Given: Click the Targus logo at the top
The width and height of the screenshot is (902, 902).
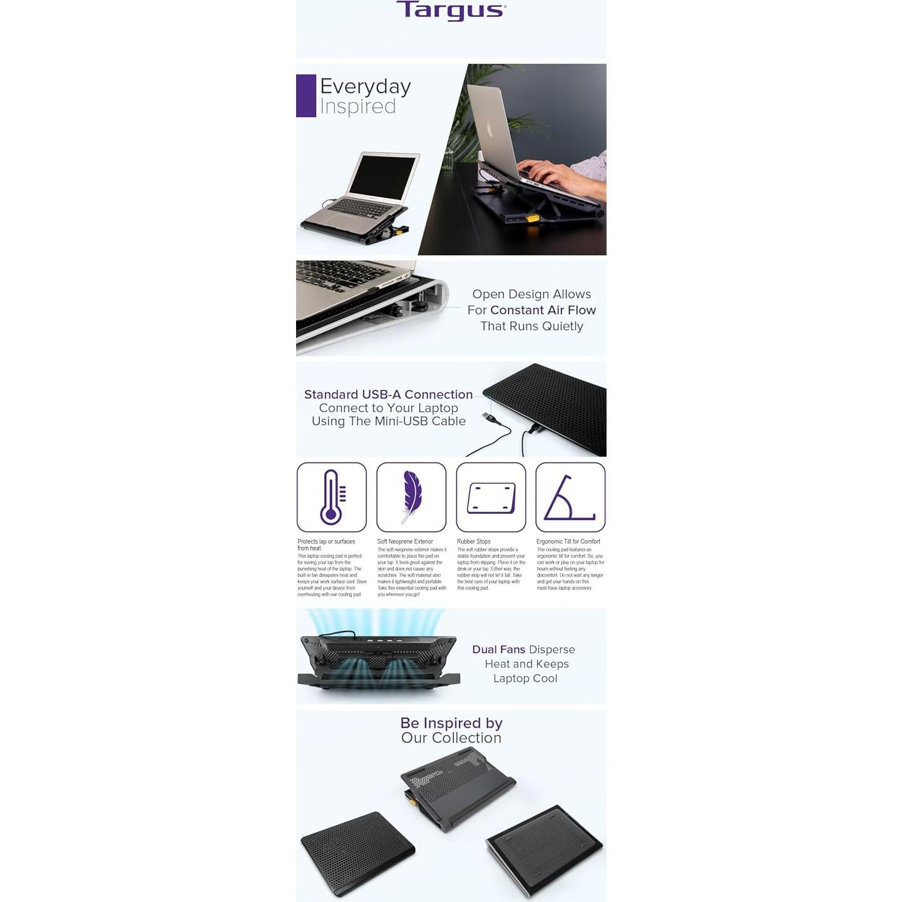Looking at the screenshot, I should [451, 11].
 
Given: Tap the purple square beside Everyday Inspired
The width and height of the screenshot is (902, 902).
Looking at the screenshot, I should [305, 96].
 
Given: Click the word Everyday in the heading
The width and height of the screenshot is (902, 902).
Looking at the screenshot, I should [365, 86].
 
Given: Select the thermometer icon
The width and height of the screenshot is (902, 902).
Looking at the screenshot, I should [331, 497].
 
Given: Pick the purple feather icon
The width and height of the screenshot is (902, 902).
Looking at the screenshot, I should [411, 496].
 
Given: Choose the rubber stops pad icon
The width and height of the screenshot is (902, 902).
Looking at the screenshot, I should [491, 498].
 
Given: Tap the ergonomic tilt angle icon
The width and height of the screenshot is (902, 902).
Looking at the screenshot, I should [570, 498].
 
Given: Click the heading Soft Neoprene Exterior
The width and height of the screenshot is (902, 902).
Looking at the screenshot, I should [405, 541].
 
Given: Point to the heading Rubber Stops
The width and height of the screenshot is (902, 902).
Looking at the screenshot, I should [473, 541].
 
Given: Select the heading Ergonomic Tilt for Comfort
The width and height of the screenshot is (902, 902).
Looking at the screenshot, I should [568, 541].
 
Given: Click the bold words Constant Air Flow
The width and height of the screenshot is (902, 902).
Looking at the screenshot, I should [543, 310].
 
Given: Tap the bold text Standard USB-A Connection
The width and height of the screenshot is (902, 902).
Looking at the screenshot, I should [388, 394].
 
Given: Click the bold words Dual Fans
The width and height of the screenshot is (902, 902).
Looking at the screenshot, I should [498, 650].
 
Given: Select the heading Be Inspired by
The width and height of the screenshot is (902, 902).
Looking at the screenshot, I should [451, 723].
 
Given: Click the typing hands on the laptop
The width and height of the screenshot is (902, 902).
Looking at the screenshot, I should [551, 172].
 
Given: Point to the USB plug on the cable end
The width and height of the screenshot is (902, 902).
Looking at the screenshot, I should [487, 416].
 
